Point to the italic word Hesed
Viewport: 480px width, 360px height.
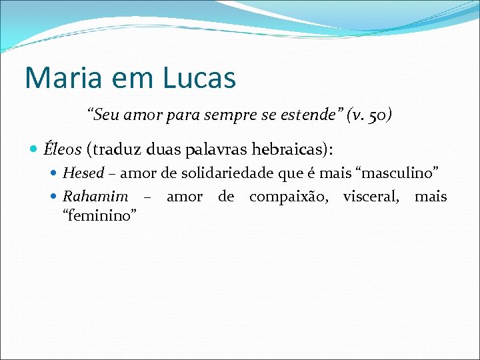[x=83, y=173]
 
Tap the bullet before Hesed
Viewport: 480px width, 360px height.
[x=55, y=174]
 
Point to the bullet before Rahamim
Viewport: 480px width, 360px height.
[x=55, y=197]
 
